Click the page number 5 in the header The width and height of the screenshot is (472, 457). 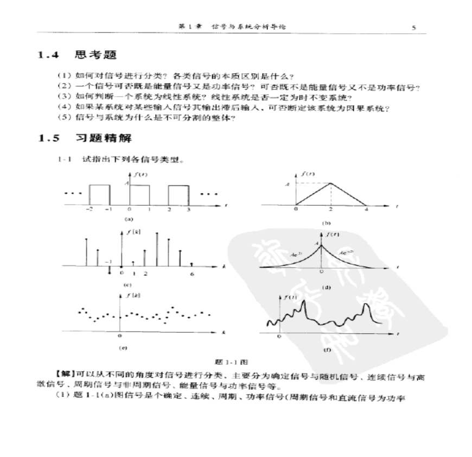pos(413,27)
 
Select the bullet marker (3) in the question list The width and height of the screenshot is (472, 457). pos(63,97)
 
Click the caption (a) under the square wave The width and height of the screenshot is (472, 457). pos(129,220)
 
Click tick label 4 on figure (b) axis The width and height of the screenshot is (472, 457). pos(367,210)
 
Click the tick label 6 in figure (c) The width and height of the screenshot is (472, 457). pos(192,274)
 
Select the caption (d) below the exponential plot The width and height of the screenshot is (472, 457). pos(327,288)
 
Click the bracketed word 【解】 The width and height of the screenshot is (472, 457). pos(65,373)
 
